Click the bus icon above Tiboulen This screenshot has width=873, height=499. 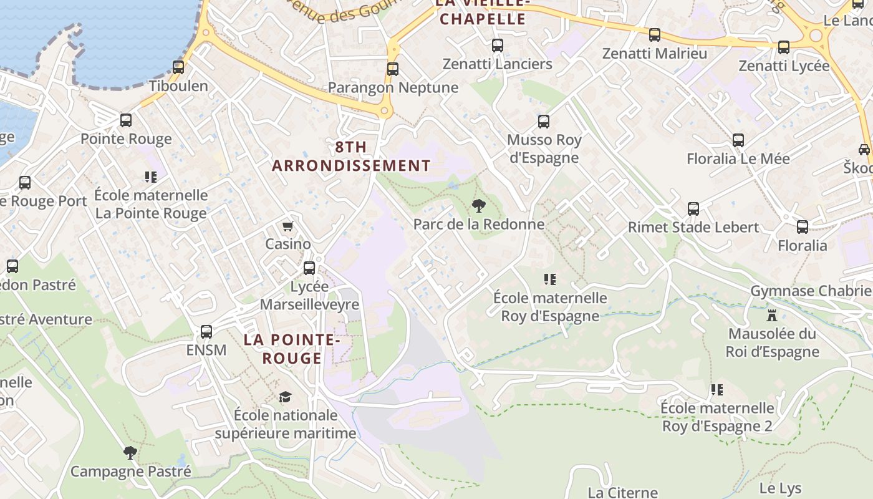point(178,67)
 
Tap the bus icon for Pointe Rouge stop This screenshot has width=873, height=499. point(126,120)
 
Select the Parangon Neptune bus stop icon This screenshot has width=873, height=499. point(392,69)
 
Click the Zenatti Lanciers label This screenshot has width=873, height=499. point(497,64)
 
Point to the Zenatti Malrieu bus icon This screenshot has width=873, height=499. point(654,35)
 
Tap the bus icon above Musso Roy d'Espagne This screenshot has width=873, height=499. point(544,122)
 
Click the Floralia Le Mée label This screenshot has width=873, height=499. point(738,158)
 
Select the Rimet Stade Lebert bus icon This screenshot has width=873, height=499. point(693,209)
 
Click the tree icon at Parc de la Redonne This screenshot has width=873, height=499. point(478,205)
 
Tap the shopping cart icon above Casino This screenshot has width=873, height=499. point(287,226)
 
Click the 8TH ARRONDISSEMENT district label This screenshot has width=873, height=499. point(351,157)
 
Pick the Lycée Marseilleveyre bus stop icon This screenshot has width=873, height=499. point(309,268)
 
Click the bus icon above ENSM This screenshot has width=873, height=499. point(206,332)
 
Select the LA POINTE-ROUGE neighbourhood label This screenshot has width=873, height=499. point(291,349)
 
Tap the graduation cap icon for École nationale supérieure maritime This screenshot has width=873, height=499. point(285,397)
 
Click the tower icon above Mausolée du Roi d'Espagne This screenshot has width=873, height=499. point(772,315)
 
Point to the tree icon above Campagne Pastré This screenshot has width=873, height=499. point(130,452)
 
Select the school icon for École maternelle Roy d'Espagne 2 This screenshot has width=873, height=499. point(717,390)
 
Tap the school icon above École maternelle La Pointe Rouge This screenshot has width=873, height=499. point(150,177)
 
